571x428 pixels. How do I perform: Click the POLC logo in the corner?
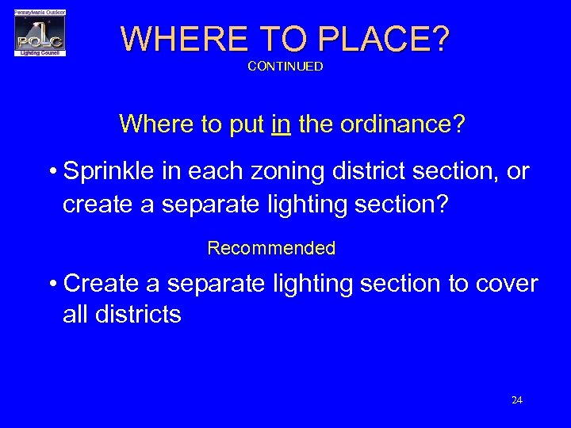pos(40,33)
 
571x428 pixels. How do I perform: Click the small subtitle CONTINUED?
pos(285,67)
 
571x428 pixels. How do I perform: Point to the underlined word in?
pos(281,124)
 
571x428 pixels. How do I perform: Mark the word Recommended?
pos(271,248)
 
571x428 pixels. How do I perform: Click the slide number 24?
pos(517,400)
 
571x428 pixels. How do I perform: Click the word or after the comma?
pos(518,171)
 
